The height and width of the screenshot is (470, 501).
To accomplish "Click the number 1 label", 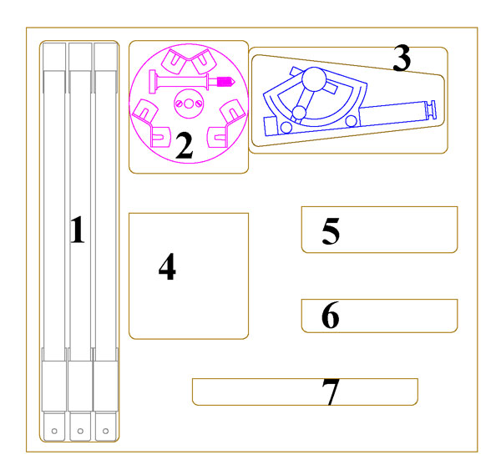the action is tap(78, 230).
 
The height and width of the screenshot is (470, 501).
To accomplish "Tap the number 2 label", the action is tap(185, 146).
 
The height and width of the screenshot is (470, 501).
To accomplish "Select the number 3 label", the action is tap(402, 58).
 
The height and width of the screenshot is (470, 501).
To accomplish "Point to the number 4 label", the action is tap(167, 266).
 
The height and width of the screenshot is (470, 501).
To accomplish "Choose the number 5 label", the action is tap(331, 231).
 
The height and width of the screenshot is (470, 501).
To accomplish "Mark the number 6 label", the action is tap(331, 315).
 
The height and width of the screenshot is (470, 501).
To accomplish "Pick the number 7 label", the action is tap(331, 392).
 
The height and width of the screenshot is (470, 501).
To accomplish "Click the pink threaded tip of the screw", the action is tap(226, 82).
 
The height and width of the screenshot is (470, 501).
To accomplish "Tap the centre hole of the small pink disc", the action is tap(189, 104).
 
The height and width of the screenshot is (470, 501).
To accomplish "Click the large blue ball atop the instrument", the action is tap(315, 79).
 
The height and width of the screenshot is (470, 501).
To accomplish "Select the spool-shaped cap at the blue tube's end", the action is tap(430, 109).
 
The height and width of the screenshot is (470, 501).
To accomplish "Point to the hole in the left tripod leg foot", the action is tap(54, 431).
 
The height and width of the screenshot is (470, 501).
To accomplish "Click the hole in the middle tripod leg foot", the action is tap(80, 431).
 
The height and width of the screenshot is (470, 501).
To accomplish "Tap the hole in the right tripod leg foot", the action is tap(105, 431).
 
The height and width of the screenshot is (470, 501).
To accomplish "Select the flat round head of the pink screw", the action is tap(153, 82).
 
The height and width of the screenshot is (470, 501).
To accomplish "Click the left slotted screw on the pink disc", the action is tap(179, 104).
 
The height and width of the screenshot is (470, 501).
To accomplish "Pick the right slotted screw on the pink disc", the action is tap(199, 104).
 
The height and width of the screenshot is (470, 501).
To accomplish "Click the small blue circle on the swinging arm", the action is tap(299, 113).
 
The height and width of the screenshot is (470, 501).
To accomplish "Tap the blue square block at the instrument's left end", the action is tap(271, 127).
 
